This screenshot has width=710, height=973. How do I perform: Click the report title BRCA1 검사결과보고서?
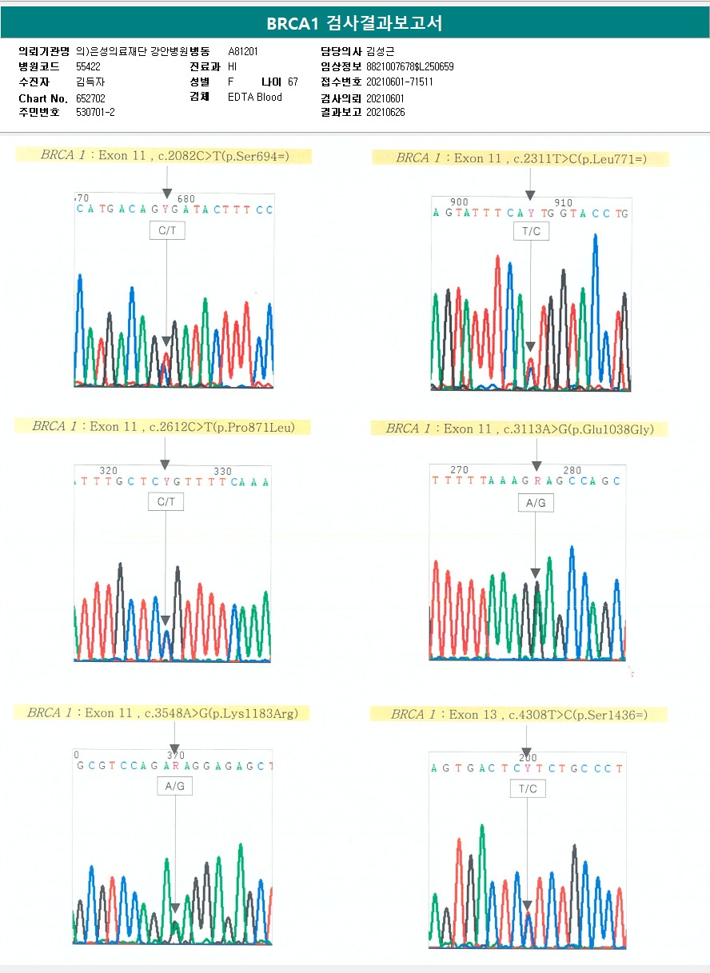pos(354,23)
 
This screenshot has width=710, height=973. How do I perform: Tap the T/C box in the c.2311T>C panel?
pos(530,231)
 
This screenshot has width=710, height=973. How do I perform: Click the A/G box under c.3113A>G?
pos(535,502)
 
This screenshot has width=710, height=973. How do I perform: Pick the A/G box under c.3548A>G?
pos(174,787)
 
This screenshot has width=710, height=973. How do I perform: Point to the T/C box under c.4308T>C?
pos(528,789)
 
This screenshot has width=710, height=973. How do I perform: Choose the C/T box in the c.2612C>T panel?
pos(166,501)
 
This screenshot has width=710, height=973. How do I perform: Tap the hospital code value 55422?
pos(88,66)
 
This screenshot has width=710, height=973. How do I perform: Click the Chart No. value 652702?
pos(90,98)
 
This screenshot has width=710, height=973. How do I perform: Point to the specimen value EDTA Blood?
pos(255,98)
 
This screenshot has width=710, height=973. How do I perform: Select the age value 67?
pos(293,82)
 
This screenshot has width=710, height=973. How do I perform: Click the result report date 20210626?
pos(385,112)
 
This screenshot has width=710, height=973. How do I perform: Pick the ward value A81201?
pos(243,51)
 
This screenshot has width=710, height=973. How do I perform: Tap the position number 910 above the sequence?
pos(563,203)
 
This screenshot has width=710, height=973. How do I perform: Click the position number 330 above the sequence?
pos(222,472)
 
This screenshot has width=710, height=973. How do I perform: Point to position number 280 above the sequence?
pos(572,470)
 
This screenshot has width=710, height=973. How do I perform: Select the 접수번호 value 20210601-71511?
pos(399,82)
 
